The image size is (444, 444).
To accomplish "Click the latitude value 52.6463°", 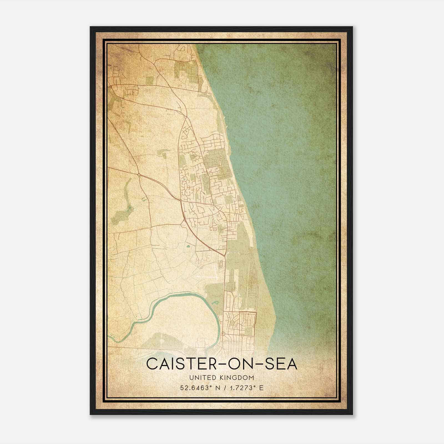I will [194, 388].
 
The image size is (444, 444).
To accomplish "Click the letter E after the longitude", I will [261, 388].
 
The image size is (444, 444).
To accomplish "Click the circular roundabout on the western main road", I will [138, 174].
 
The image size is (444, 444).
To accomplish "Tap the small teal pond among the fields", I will [188, 246].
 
